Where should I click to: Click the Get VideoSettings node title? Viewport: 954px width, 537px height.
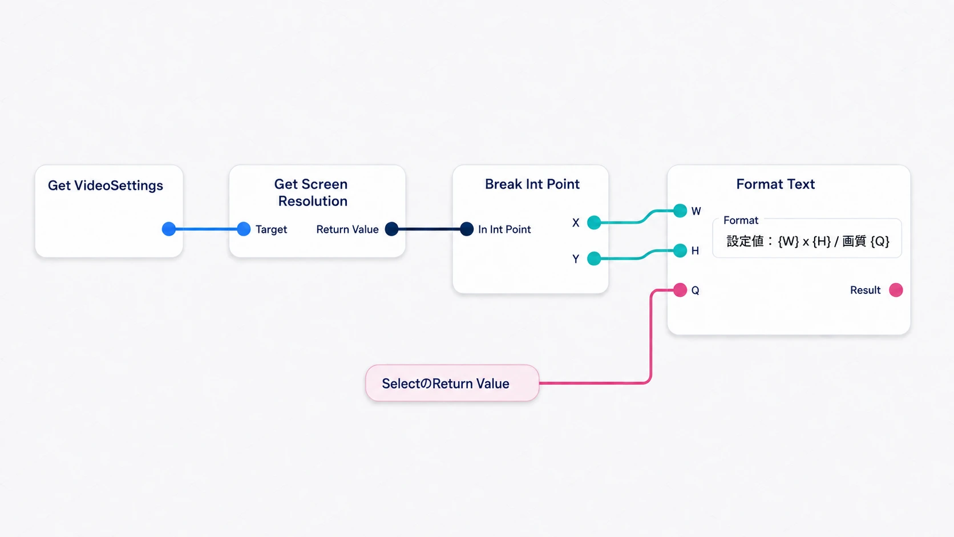[x=105, y=185]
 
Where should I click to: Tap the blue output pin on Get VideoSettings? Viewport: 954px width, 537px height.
[x=169, y=229]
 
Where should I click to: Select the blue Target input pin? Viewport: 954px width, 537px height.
[x=244, y=229]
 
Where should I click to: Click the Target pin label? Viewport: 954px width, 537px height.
[x=271, y=229]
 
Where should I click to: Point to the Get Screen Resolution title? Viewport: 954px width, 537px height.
[x=312, y=192]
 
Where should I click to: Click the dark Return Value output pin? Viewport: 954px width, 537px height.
[x=391, y=229]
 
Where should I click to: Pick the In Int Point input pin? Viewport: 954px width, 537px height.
[x=467, y=229]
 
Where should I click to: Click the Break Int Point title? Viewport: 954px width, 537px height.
[x=532, y=184]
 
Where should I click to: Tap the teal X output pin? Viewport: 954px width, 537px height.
[x=594, y=223]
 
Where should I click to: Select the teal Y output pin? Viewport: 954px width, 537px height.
[x=594, y=258]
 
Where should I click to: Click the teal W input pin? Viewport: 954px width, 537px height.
[x=680, y=211]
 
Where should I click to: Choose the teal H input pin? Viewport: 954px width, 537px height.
[x=680, y=251]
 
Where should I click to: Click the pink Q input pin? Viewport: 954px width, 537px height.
[x=680, y=290]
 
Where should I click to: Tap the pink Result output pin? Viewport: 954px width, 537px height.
[x=896, y=290]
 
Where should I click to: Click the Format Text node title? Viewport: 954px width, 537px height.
[x=775, y=184]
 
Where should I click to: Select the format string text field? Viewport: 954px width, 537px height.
[x=807, y=241]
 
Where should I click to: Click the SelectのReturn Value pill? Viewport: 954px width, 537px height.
[x=452, y=383]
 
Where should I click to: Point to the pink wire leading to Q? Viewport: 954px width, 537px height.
[x=650, y=337]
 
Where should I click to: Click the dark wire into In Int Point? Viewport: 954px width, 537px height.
[x=429, y=229]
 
